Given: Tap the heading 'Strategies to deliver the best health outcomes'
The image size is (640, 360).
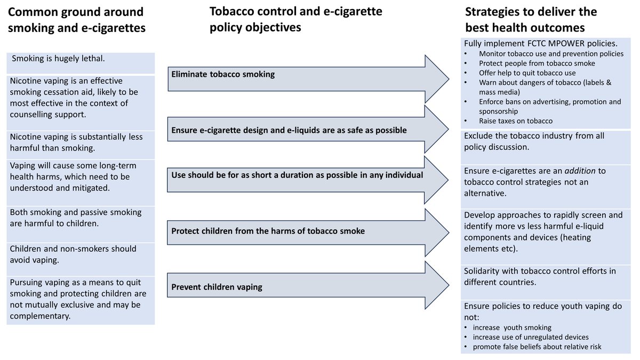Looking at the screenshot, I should (531, 19).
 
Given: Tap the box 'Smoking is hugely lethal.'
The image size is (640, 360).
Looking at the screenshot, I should (81, 59).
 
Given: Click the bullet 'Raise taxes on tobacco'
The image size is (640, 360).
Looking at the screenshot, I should (515, 121).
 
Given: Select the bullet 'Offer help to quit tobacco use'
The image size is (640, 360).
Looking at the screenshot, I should (527, 73).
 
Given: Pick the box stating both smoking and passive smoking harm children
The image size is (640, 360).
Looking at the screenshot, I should (81, 218).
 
